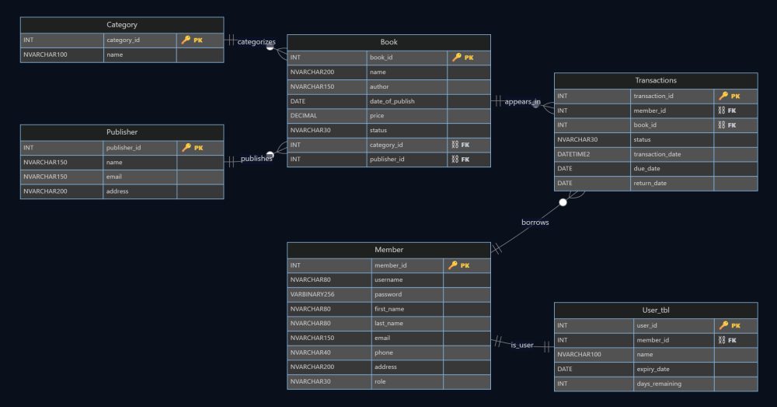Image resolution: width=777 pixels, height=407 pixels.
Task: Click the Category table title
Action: (x=122, y=25)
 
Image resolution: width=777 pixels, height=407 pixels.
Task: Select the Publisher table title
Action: (x=122, y=132)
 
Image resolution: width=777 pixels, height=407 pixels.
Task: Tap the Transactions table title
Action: (x=655, y=80)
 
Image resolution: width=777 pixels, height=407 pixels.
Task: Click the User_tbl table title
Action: (x=655, y=311)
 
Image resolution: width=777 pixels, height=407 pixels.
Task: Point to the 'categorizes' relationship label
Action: (x=256, y=41)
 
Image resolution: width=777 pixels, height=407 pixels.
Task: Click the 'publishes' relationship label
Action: (x=256, y=158)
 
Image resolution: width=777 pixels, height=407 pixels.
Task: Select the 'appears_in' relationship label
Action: (x=522, y=102)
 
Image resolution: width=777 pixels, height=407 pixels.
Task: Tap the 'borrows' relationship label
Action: (x=535, y=222)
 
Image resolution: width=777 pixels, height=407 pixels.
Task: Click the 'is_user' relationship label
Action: (x=521, y=344)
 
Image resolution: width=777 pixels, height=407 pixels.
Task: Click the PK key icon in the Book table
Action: (x=457, y=58)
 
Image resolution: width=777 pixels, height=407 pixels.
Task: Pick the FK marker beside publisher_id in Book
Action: (x=460, y=160)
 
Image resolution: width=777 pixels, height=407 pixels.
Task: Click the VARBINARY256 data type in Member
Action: (x=312, y=294)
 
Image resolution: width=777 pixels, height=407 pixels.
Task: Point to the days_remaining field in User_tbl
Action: (x=660, y=384)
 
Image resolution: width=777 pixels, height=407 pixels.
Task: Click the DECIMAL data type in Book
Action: (x=304, y=115)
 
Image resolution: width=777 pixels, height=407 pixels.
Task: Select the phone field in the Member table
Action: (x=384, y=353)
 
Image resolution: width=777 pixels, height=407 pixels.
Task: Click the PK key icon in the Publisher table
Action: (x=186, y=147)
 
